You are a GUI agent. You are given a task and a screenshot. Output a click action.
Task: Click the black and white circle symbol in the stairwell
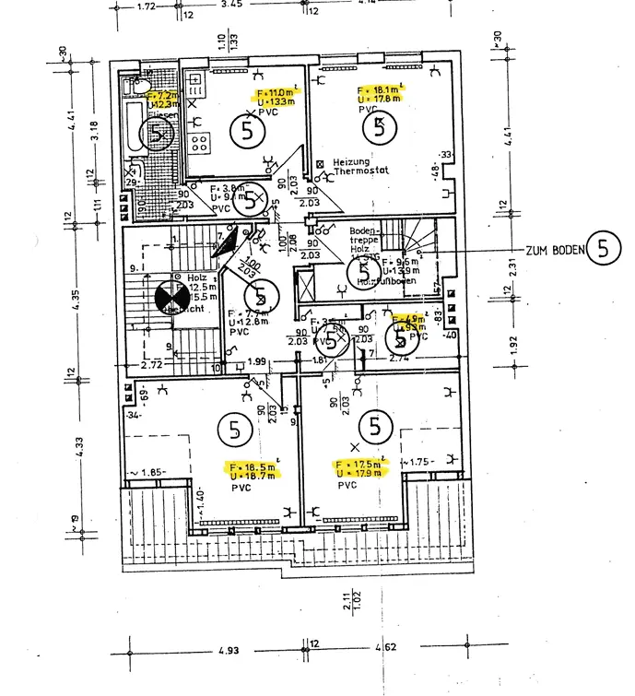pos(170,296)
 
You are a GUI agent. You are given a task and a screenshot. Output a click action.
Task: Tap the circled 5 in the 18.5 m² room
pos(234,429)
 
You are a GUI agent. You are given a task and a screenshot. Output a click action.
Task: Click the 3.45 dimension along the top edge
pos(232,6)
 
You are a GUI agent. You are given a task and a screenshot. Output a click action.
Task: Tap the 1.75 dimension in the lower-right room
pos(420,462)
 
